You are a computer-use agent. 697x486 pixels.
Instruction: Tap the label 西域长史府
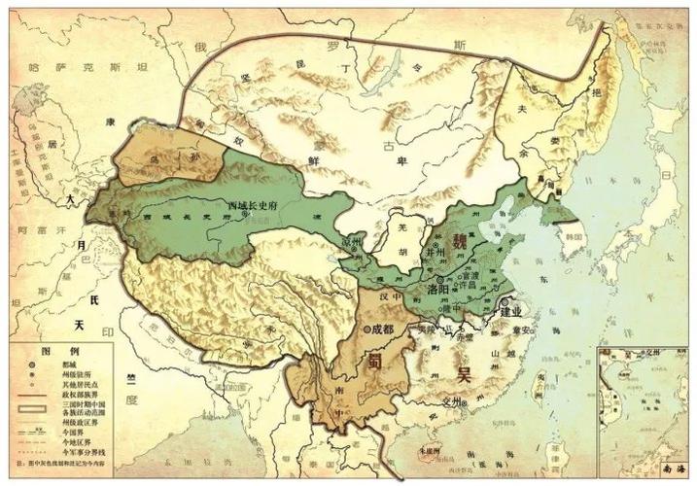coord(253,205)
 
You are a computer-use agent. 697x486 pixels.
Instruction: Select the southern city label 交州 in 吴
coord(450,399)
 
